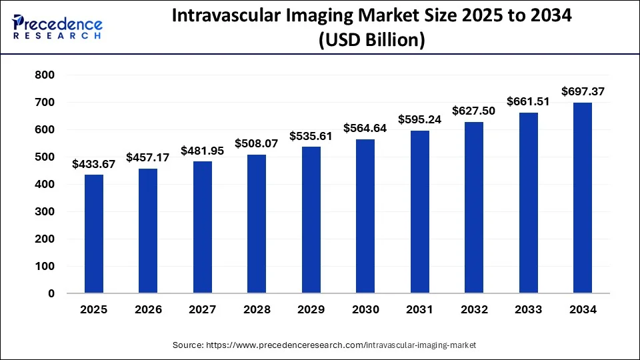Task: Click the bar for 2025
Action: pos(93,234)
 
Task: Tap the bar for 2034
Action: pos(583,198)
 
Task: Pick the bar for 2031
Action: pos(420,212)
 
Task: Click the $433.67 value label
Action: pos(93,164)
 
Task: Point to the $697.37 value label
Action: pos(583,91)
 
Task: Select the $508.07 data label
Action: pos(257,143)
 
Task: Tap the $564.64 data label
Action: pos(365,128)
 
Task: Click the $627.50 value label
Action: pos(474,111)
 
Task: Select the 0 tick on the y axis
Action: pos(51,293)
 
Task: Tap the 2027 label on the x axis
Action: pos(202,310)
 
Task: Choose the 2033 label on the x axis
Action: pos(528,310)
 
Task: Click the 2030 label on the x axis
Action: pos(365,310)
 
